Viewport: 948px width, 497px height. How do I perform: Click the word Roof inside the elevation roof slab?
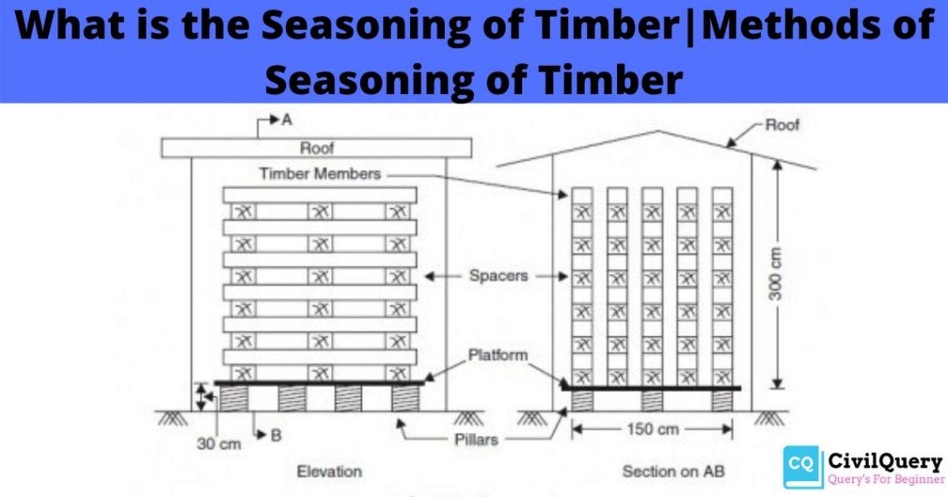(x=317, y=149)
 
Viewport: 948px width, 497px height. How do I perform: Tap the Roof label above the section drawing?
(x=783, y=125)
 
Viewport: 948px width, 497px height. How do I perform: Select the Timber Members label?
(x=320, y=174)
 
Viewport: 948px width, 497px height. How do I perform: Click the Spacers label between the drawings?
(x=498, y=276)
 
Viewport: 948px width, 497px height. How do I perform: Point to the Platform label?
(x=497, y=355)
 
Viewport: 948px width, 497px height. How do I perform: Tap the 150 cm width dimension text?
(x=652, y=430)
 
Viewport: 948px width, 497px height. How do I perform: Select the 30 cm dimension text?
(x=219, y=444)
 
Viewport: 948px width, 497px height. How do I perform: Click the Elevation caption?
(x=329, y=471)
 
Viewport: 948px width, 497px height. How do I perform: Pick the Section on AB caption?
(x=674, y=471)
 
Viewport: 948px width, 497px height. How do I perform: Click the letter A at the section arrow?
(x=287, y=120)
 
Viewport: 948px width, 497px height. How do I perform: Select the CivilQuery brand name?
(x=885, y=462)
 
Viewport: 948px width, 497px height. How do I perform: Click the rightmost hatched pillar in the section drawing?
(x=722, y=400)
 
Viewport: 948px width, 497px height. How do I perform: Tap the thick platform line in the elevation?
(x=320, y=383)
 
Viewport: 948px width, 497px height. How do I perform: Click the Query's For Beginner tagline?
(x=885, y=480)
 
